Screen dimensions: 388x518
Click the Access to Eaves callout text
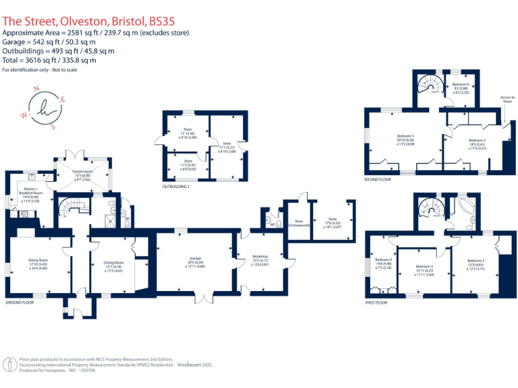(x=508, y=99)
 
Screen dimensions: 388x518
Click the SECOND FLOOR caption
(x=378, y=180)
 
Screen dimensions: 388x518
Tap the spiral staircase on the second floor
(x=429, y=86)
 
